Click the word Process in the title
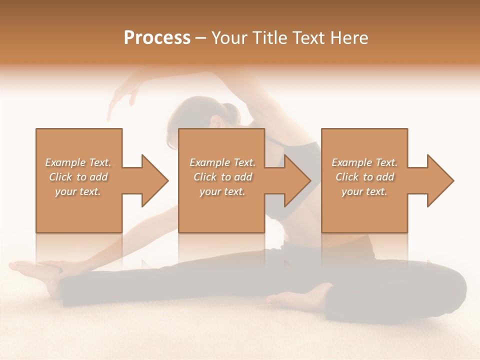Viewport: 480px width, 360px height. click(x=157, y=38)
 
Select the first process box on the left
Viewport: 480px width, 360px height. click(x=79, y=210)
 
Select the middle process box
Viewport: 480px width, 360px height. click(x=221, y=210)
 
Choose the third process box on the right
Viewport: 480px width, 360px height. click(x=364, y=210)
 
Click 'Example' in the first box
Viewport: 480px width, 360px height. click(x=65, y=162)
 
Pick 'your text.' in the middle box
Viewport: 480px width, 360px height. click(x=222, y=191)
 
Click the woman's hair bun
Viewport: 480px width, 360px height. click(x=230, y=111)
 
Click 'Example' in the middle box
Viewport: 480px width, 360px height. click(x=209, y=162)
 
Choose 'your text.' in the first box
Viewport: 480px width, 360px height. click(x=77, y=191)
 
